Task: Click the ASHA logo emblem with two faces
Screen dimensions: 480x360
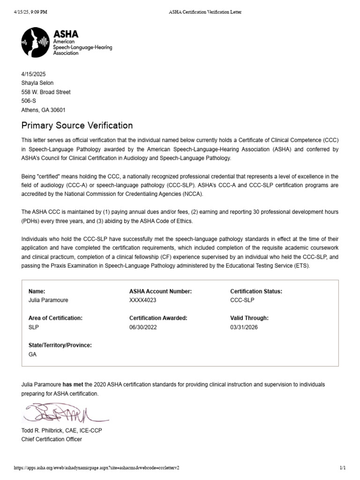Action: (36, 42)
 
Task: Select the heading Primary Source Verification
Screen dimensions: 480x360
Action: (77, 126)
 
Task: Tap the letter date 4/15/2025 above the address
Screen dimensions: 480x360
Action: (34, 74)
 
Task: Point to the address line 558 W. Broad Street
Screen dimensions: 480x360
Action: (46, 92)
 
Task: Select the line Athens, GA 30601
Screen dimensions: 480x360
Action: (44, 110)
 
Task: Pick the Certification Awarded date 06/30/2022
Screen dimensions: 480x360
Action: (143, 327)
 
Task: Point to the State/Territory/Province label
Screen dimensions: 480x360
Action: (60, 345)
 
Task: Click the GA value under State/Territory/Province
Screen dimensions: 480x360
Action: (33, 354)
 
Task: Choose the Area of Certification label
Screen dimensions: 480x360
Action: (55, 318)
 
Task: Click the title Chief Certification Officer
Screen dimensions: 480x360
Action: (52, 439)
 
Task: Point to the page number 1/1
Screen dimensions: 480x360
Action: (342, 468)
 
